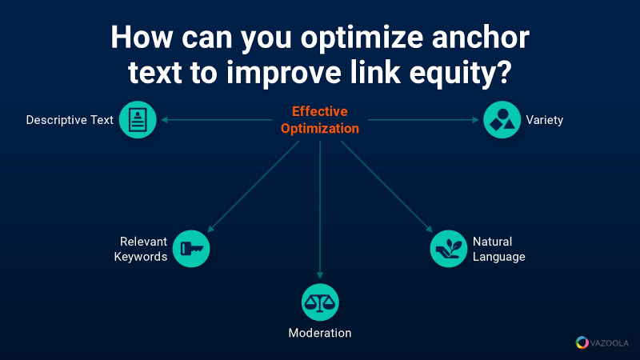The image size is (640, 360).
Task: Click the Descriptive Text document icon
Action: (138, 119)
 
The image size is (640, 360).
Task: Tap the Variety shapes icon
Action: (502, 119)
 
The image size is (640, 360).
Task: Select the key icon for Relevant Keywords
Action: (191, 249)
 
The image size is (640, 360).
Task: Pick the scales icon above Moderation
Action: (320, 302)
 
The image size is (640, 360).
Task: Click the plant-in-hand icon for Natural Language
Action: (448, 249)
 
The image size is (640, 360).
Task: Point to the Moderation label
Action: (320, 333)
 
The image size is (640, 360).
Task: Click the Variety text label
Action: (545, 120)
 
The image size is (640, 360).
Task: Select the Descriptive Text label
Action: (70, 120)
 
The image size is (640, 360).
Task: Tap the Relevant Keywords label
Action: (141, 249)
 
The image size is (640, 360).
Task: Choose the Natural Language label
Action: (498, 249)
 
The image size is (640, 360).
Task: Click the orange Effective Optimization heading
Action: (320, 119)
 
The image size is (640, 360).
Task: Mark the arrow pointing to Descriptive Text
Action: (217, 119)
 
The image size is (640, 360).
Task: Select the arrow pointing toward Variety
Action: (423, 119)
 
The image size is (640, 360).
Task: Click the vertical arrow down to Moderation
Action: (320, 210)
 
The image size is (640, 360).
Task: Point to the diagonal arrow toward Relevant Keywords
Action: (254, 186)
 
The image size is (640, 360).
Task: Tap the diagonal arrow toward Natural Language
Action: (386, 186)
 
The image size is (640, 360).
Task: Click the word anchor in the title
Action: (481, 38)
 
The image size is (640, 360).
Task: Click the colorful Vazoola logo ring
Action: (582, 342)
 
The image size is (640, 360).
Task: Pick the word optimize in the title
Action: (362, 38)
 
